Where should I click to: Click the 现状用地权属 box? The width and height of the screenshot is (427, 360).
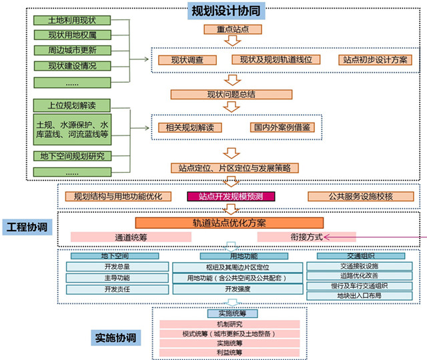point(71,35)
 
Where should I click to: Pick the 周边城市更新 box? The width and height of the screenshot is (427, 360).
point(71,50)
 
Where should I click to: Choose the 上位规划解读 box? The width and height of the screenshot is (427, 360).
point(71,105)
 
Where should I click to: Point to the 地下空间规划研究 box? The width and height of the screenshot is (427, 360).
point(71,156)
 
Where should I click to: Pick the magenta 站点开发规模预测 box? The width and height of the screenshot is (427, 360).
point(231,197)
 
